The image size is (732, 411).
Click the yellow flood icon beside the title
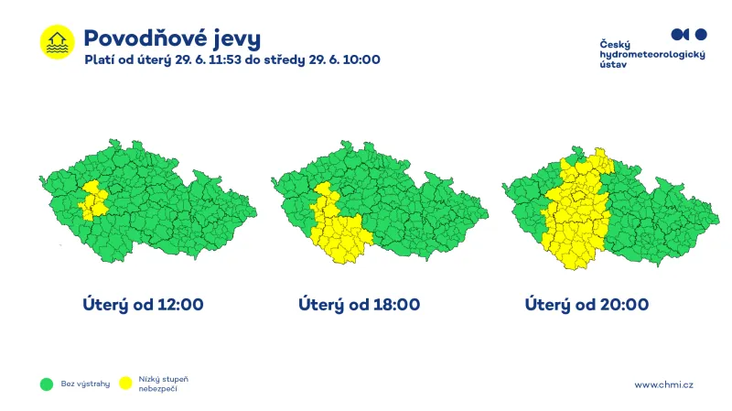click(57, 41)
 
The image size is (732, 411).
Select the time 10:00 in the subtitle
click(361, 59)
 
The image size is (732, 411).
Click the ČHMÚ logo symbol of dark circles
click(689, 35)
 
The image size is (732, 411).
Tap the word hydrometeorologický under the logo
click(652, 55)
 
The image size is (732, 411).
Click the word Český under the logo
click(615, 44)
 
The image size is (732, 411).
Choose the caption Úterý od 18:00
click(359, 304)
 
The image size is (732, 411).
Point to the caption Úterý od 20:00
click(587, 304)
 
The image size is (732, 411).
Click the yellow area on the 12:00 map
click(92, 200)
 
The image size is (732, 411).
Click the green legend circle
click(46, 384)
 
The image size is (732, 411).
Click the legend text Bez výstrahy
click(85, 384)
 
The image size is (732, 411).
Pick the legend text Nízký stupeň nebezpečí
click(164, 384)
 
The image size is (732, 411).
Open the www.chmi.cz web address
click(663, 384)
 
